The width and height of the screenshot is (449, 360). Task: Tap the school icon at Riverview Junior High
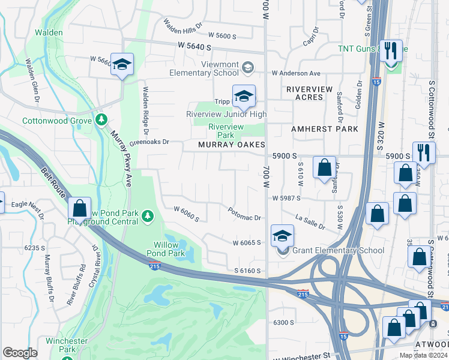tap(244, 97)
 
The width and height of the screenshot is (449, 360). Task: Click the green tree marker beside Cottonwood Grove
tap(101, 121)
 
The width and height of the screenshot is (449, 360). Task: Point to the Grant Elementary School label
tap(338, 251)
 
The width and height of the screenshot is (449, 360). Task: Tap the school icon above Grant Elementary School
tap(282, 236)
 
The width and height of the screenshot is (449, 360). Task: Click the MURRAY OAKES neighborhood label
tap(232, 145)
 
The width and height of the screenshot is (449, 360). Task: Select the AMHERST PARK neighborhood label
tap(324, 129)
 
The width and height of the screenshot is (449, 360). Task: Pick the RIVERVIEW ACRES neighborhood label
tap(309, 93)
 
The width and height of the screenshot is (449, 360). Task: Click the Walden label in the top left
tap(49, 32)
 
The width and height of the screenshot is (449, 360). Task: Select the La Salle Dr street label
tap(310, 221)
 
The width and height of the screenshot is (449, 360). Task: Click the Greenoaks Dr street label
tap(149, 143)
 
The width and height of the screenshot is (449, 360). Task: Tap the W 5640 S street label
tap(195, 46)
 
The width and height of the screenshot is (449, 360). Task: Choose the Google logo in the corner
tap(20, 353)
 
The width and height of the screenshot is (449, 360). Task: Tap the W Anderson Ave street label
tap(296, 73)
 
